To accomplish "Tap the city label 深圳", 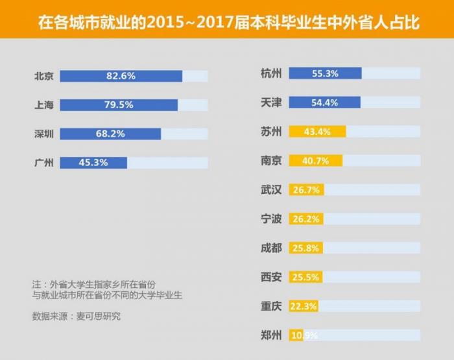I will click(43, 134).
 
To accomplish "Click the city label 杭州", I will click(270, 73).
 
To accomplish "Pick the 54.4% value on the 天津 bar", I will click(325, 102).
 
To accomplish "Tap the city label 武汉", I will click(270, 189).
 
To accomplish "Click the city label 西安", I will click(270, 277).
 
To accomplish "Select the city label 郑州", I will click(270, 335).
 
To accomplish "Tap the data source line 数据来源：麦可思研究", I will click(76, 317).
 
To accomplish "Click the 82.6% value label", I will click(121, 76).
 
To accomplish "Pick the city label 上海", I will click(43, 105).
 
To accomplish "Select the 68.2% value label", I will click(111, 134).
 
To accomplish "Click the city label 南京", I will click(270, 160).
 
